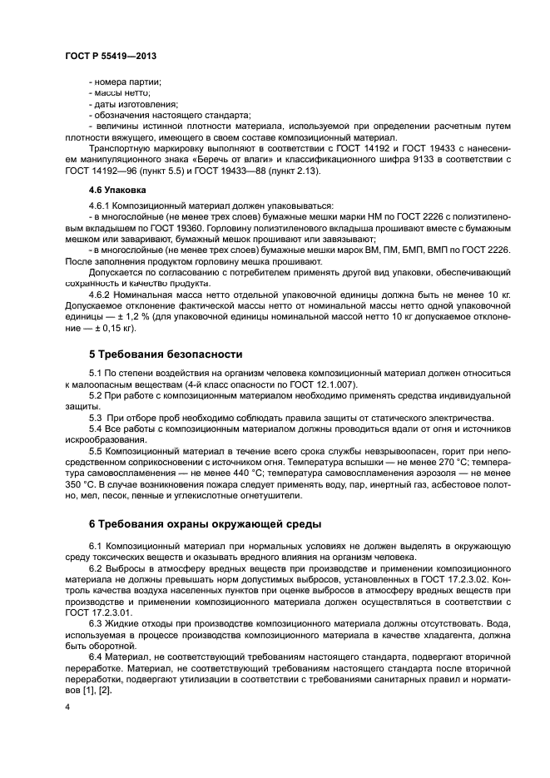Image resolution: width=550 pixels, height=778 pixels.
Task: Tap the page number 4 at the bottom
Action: [x=67, y=707]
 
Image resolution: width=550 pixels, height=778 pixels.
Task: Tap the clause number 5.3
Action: [x=96, y=416]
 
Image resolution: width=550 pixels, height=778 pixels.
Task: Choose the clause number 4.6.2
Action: [x=100, y=294]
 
